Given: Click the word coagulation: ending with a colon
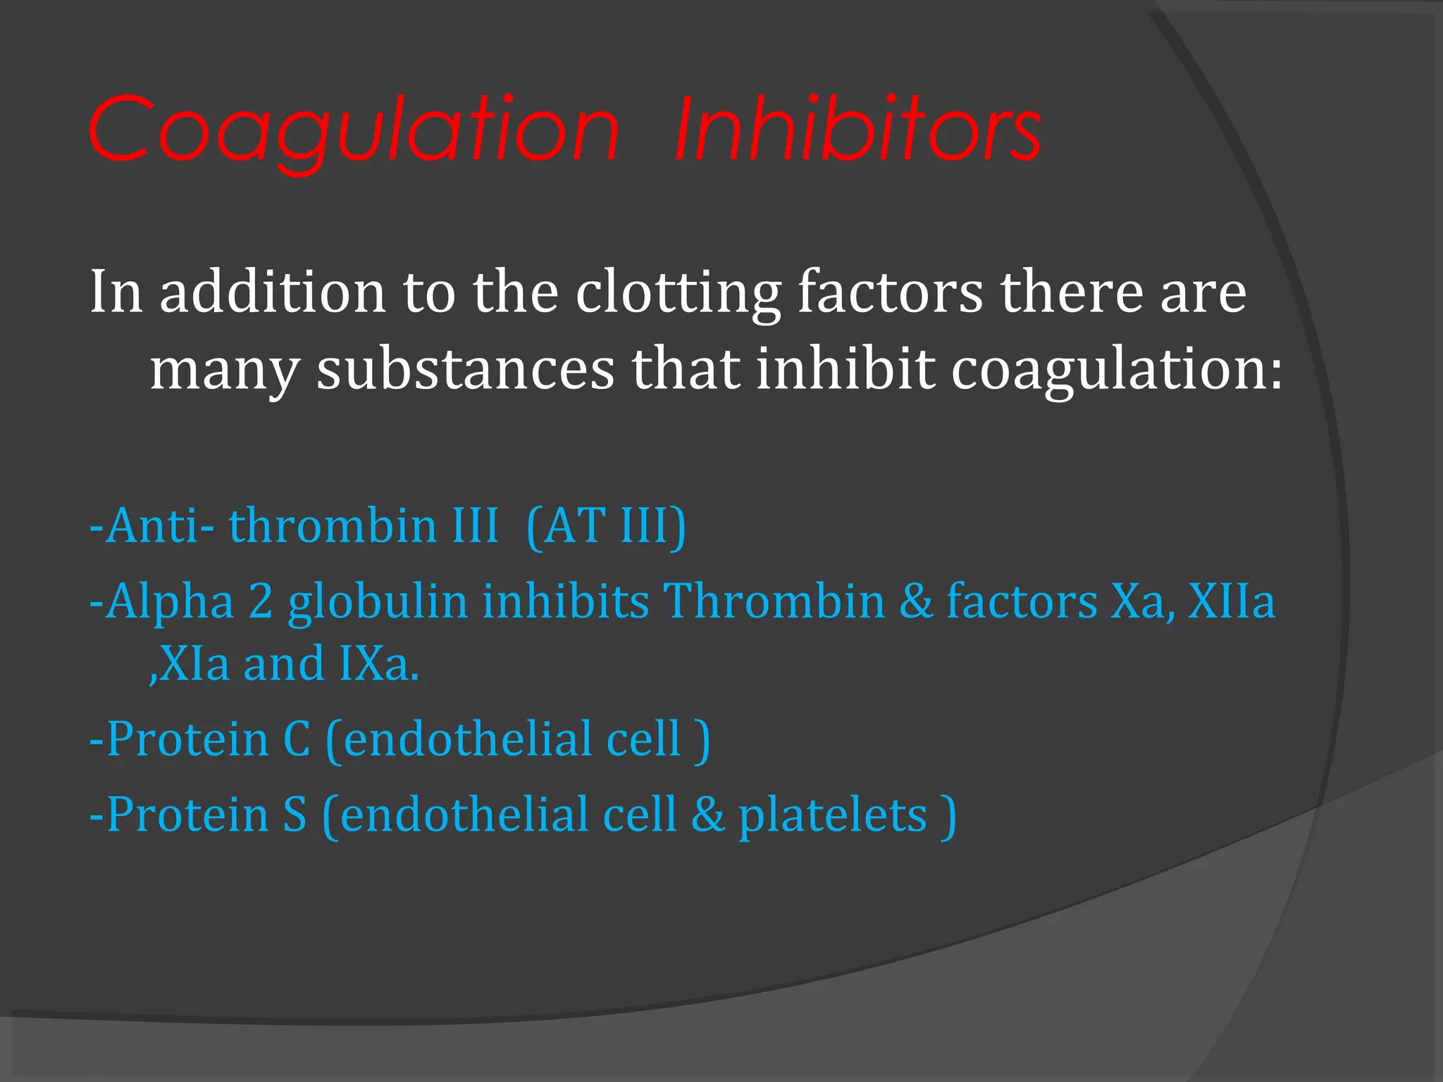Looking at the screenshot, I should pyautogui.click(x=1117, y=371).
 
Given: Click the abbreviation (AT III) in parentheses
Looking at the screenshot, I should pyautogui.click(x=606, y=526).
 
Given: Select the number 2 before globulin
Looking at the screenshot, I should pyautogui.click(x=261, y=602).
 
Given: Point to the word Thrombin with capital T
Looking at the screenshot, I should pyautogui.click(x=774, y=602).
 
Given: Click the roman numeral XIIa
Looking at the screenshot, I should pyautogui.click(x=1232, y=602).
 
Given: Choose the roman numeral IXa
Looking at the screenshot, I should pyautogui.click(x=379, y=664).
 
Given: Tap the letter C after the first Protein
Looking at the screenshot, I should pyautogui.click(x=297, y=739).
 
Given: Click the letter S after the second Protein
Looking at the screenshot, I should pyautogui.click(x=295, y=814).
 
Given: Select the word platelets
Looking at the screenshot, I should pyautogui.click(x=832, y=816).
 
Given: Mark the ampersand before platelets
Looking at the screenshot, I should pyautogui.click(x=707, y=814).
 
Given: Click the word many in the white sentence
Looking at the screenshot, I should pyautogui.click(x=225, y=371).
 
